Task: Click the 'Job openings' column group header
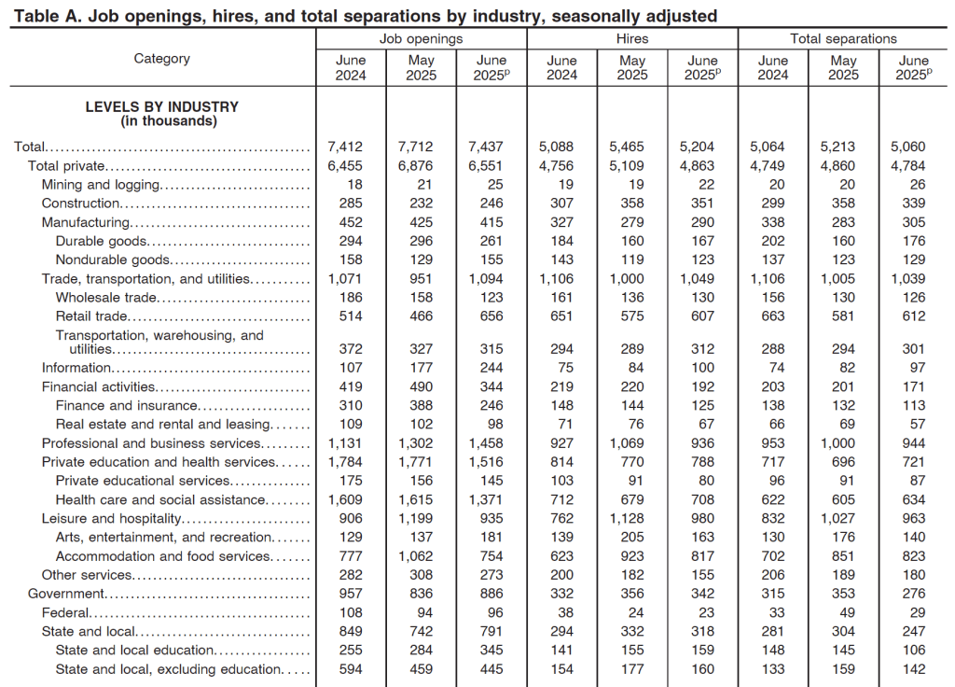point(421,38)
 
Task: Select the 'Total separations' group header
point(843,38)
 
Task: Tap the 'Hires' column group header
point(632,38)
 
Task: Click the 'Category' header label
point(162,59)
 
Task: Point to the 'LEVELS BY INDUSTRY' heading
point(162,106)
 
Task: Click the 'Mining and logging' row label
point(101,185)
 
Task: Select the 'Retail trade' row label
point(91,316)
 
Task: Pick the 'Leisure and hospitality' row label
point(111,518)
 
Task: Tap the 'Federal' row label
point(65,612)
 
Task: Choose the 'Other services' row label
point(88,575)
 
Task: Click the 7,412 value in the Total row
point(345,147)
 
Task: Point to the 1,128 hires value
point(632,518)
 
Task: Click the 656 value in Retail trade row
point(491,316)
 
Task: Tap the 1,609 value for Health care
point(345,499)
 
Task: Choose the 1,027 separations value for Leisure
point(843,518)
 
